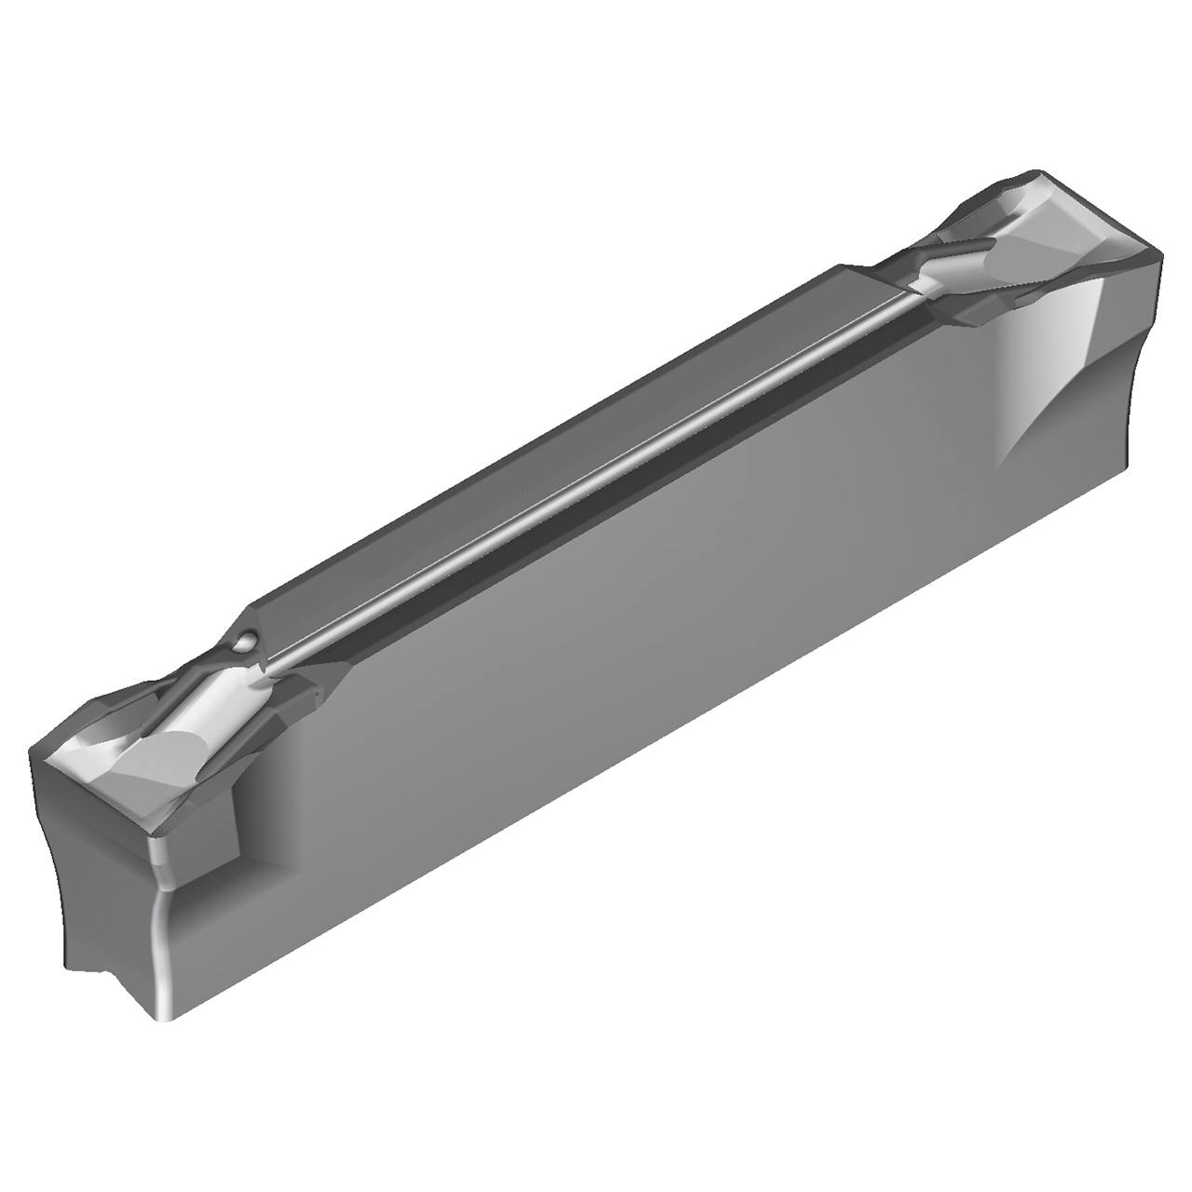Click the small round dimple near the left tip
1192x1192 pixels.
tap(245, 641)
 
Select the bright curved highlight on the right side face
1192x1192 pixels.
tap(1071, 372)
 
